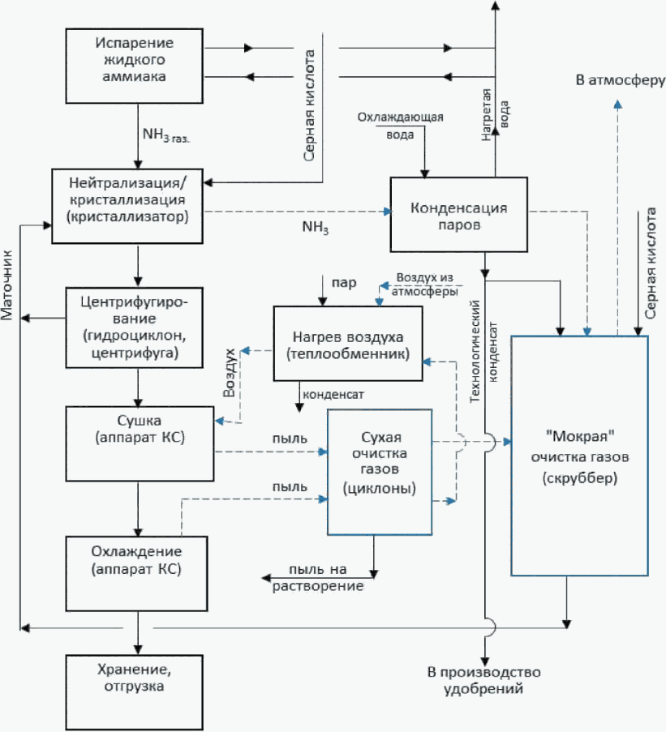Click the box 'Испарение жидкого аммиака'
tap(134, 66)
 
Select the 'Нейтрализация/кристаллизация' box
tap(127, 206)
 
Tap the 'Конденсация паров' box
tap(459, 214)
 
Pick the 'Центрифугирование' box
tap(134, 327)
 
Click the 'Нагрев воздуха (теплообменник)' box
tap(348, 344)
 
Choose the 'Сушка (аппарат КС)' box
tap(140, 443)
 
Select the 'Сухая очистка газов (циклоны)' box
tap(379, 472)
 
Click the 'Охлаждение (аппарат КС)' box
tap(136, 573)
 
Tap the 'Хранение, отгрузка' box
tap(134, 692)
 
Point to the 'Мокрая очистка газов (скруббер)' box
tap(579, 456)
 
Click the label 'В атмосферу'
tap(621, 80)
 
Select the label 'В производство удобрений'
tap(483, 680)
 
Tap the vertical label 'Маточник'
tap(7, 285)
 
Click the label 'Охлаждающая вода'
tap(400, 126)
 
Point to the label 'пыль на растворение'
tap(318, 577)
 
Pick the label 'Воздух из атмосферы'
tap(424, 285)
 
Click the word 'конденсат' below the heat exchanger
tap(333, 395)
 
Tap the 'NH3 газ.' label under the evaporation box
tap(166, 135)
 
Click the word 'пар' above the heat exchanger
tap(344, 283)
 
